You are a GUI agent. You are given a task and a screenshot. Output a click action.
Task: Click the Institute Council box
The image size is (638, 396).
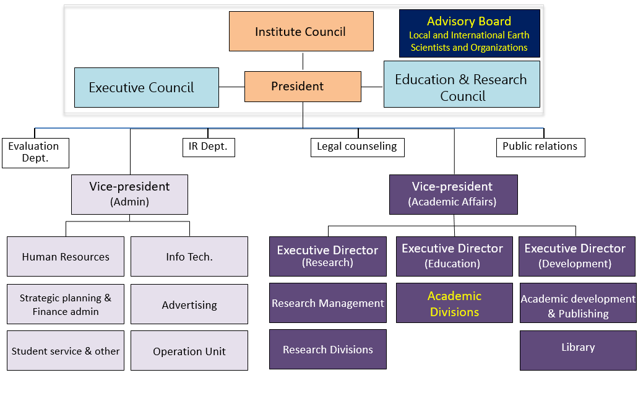point(301,32)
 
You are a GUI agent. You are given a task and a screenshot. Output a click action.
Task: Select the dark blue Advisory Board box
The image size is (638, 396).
point(469,34)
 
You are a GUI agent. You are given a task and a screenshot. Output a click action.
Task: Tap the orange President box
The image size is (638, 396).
point(303,86)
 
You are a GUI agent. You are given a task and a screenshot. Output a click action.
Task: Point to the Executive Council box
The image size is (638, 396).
point(147,87)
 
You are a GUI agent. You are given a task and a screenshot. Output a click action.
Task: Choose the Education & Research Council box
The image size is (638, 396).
point(462,87)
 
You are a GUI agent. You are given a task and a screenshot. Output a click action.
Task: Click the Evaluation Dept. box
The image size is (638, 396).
point(35,152)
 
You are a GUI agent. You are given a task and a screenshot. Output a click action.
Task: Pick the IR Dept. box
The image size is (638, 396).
point(208,147)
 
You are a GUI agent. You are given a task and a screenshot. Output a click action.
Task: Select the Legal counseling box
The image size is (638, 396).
point(357,147)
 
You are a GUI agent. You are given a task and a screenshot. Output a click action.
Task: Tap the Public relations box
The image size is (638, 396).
point(540,147)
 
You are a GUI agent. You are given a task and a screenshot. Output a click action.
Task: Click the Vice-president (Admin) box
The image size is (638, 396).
point(129,194)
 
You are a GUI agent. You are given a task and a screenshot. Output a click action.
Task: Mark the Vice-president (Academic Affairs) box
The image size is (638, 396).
point(453,194)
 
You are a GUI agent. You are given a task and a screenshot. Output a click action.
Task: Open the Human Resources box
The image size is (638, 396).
point(66,256)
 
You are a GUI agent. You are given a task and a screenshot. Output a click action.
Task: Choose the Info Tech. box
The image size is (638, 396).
point(189,256)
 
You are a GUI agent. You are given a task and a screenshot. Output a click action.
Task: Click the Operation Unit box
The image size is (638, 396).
point(189,351)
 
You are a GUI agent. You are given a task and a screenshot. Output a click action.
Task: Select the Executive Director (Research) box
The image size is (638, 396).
point(327,256)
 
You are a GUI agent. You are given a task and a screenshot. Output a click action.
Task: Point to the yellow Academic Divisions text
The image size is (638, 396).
point(454,304)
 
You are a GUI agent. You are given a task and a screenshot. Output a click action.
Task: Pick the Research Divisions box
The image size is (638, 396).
point(327,350)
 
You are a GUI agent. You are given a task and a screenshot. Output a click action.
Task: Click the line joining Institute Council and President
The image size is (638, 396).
point(303,61)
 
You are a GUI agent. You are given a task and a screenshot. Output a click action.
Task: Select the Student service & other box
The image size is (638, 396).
point(66,351)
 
